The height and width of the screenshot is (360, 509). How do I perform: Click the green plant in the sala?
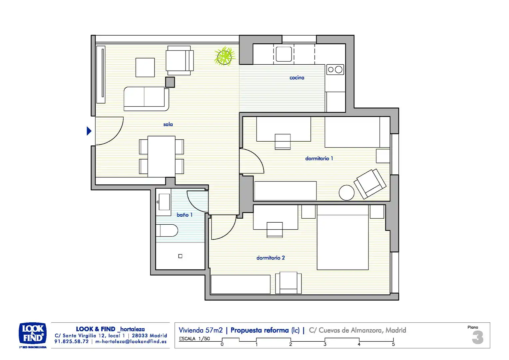225,56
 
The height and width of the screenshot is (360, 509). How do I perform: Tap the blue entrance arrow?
89,131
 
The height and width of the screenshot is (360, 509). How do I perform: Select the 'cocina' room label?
297,78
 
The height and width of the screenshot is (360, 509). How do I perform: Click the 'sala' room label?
168,124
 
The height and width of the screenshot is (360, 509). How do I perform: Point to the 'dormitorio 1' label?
319,159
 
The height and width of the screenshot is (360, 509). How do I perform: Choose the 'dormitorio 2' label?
270,258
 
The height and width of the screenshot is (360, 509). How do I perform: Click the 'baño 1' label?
185,215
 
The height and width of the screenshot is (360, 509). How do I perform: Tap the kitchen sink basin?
284,54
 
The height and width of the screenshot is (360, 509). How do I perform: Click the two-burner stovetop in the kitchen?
335,70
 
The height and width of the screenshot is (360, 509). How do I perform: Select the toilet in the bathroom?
167,231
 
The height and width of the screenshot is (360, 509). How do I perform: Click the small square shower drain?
180,256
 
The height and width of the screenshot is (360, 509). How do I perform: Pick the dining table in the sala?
161,156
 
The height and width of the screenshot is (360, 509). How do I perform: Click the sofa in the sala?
146,99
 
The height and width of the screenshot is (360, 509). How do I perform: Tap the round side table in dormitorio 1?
346,193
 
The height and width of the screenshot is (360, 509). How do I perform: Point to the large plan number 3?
478,337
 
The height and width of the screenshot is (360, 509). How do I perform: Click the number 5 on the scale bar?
393,344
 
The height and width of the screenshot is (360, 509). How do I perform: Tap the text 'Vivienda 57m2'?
201,330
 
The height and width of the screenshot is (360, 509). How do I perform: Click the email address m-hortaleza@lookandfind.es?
131,342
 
